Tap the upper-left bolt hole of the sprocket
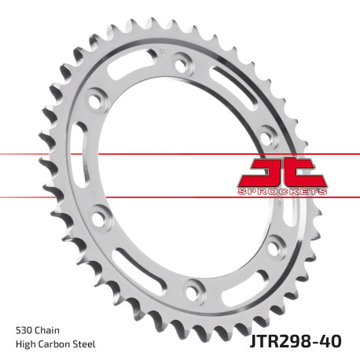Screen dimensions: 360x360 (98, 101)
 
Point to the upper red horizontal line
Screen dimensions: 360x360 (47, 153)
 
